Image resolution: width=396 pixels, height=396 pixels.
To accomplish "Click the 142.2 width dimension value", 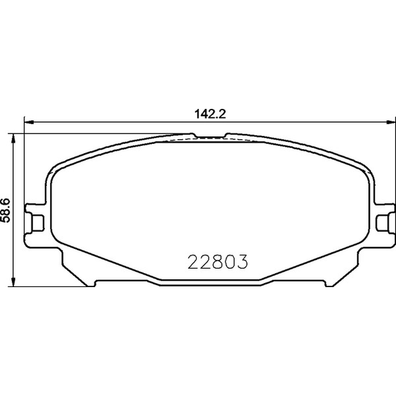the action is tap(210, 114).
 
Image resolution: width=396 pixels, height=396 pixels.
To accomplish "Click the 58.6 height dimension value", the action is tap(5, 210).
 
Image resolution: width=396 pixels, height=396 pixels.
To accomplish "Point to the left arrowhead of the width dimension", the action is tap(29, 122).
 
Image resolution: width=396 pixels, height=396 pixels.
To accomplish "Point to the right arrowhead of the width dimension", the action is tap(391, 122).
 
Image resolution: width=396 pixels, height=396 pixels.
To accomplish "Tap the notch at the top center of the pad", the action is tap(210, 137).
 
